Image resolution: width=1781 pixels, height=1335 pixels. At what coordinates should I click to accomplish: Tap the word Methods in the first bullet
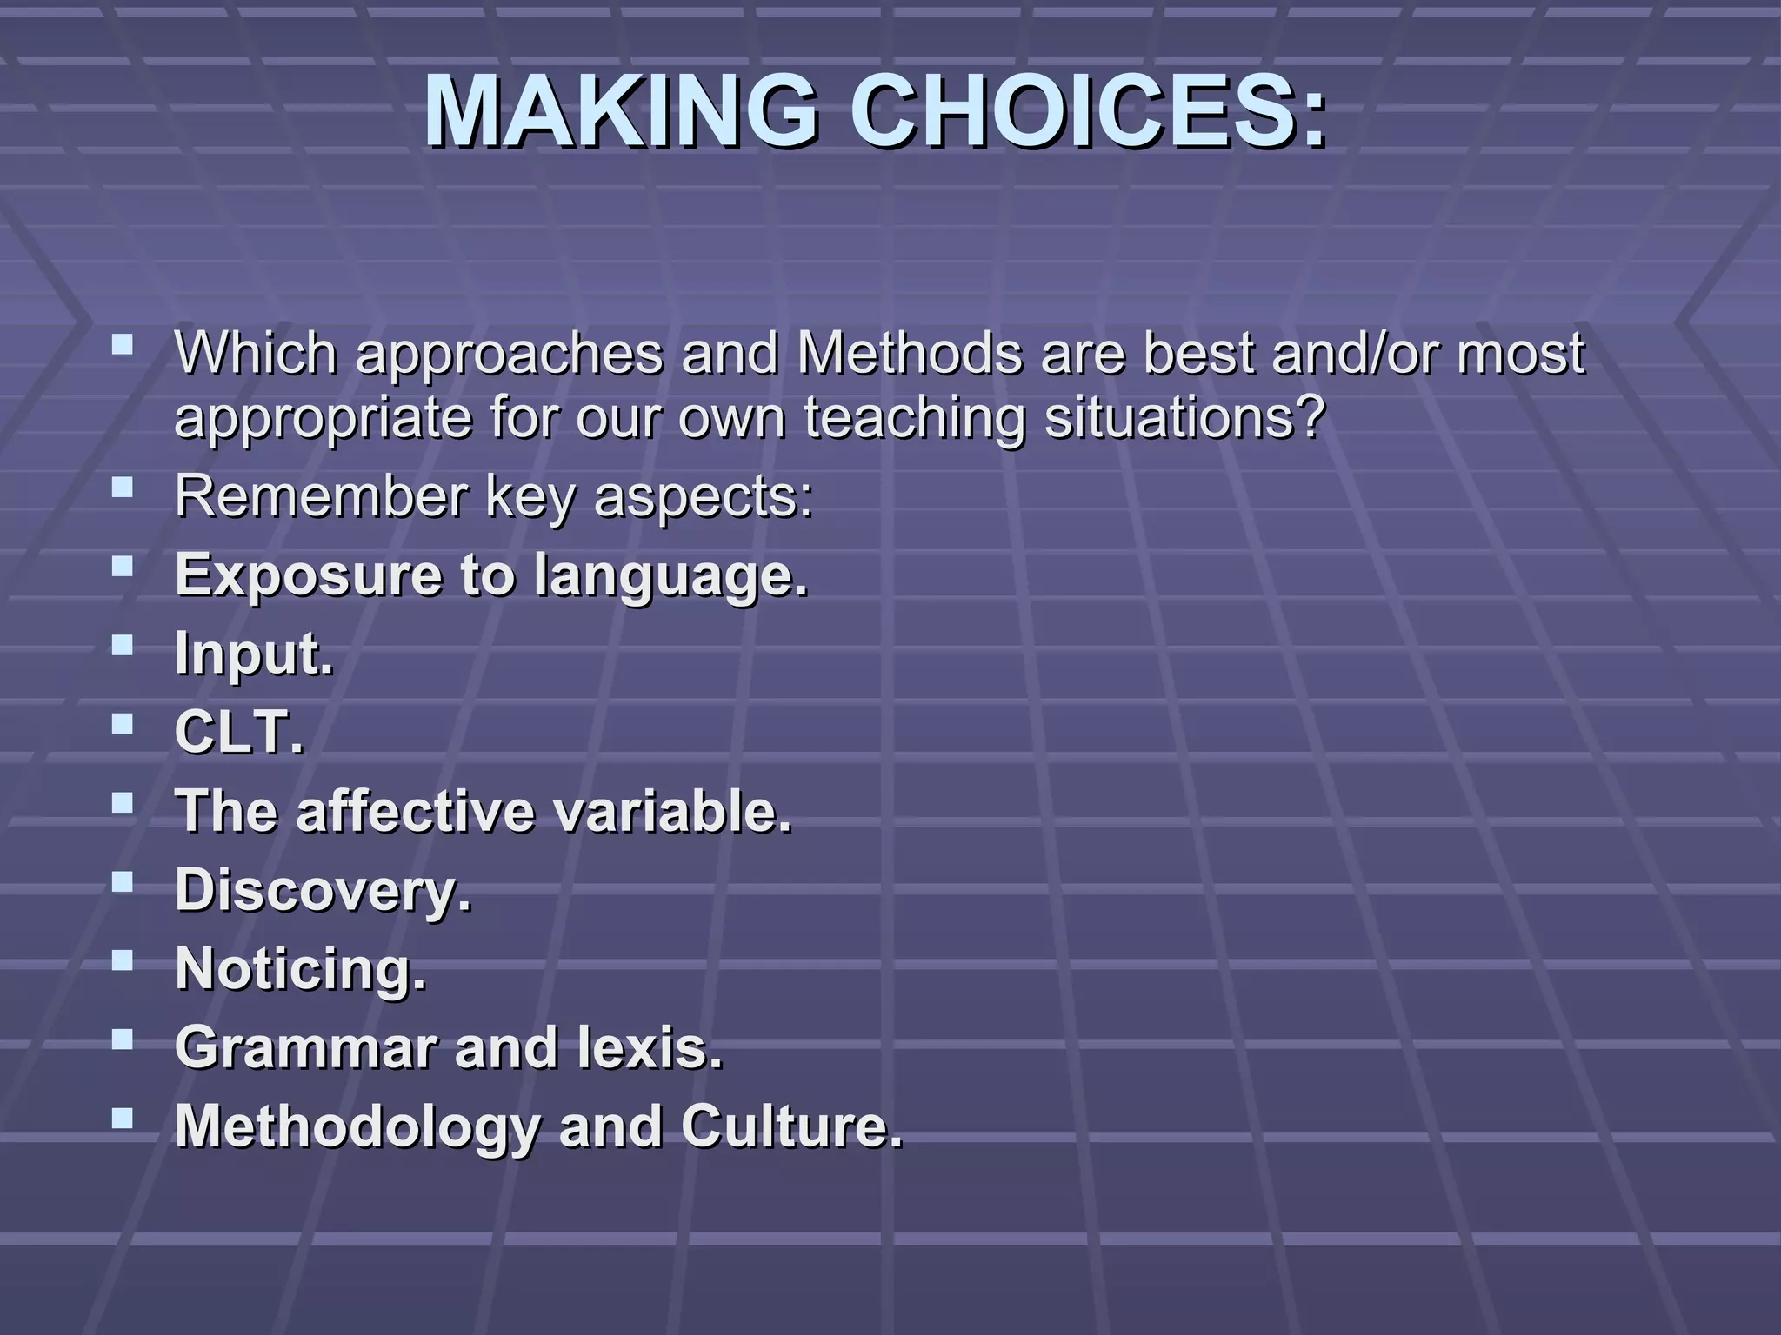tap(909, 354)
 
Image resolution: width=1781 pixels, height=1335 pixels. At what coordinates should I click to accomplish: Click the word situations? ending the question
tap(1184, 418)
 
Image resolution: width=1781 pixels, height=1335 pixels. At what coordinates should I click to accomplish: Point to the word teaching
tap(914, 419)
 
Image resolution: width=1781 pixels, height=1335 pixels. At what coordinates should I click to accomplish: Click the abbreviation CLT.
tap(239, 732)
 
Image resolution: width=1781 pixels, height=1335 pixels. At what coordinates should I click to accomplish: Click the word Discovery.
tap(323, 890)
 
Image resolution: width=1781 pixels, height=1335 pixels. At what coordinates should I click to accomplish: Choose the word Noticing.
tap(301, 968)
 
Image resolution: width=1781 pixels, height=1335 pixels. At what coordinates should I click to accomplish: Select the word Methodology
tap(357, 1126)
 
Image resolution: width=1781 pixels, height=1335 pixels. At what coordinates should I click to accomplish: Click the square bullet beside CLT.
tap(123, 723)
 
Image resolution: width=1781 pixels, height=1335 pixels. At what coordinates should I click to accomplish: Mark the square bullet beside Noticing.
tap(123, 960)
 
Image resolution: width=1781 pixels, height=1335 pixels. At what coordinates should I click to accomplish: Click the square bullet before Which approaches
tap(123, 346)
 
